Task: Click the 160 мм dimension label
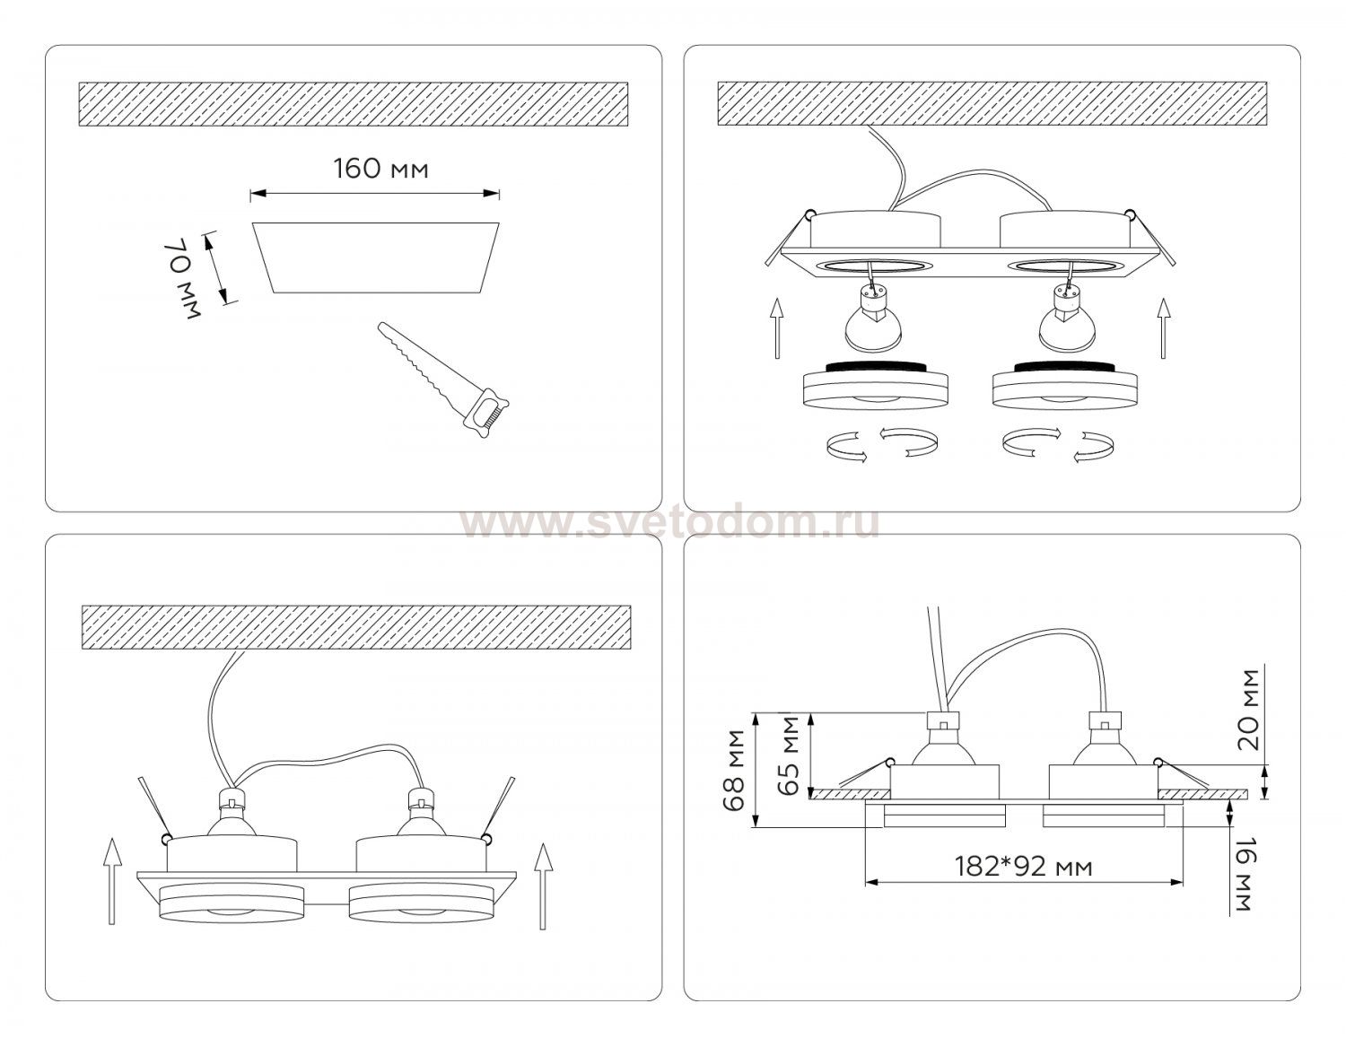coord(381,169)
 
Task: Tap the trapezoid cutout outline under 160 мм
coord(375,257)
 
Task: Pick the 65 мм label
coord(790,756)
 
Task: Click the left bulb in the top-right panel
coord(873,318)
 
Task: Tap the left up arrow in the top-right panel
coord(777,328)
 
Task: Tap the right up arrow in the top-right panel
coord(1164,328)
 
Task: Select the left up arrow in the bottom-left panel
coord(111,882)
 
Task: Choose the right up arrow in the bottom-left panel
coord(543,886)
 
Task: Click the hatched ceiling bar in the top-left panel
coord(353,104)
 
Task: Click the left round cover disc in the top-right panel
coord(875,385)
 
